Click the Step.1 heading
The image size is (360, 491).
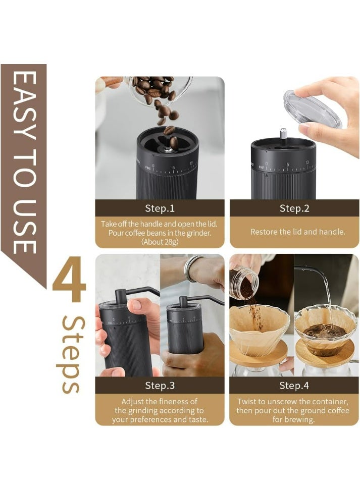pyautogui.click(x=160, y=208)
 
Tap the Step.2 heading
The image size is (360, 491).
pyautogui.click(x=294, y=208)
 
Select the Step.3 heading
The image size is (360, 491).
pyautogui.click(x=160, y=385)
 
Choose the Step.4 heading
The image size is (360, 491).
pyautogui.click(x=294, y=385)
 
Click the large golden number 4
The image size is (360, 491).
pyautogui.click(x=69, y=279)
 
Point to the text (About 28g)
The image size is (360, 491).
pyautogui.click(x=160, y=242)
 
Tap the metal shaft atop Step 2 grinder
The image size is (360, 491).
pyautogui.click(x=283, y=135)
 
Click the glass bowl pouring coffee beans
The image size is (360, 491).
pyautogui.click(x=160, y=91)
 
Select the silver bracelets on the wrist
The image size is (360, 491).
pyautogui.click(x=192, y=268)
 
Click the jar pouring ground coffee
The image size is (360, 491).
pyautogui.click(x=244, y=284)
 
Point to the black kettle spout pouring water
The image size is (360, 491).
pyautogui.click(x=310, y=272)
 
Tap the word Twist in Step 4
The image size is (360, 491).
pyautogui.click(x=246, y=401)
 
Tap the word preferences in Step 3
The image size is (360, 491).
pyautogui.click(x=149, y=420)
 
